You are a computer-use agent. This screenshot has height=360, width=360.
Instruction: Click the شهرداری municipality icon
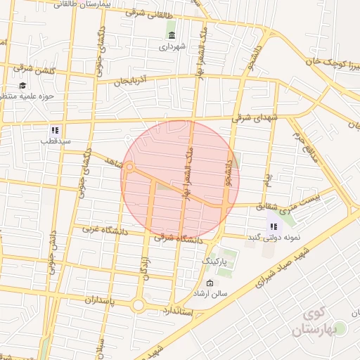(172, 35)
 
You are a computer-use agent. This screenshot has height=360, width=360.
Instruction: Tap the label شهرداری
(172, 47)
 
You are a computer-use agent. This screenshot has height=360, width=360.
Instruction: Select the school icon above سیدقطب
(55, 130)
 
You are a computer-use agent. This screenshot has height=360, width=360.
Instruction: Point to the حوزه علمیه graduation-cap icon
(22, 84)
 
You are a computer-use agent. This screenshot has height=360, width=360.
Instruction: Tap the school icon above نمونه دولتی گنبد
(274, 226)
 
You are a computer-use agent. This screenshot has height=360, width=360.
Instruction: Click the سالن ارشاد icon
(210, 283)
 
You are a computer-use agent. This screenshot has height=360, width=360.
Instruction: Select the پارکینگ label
(217, 261)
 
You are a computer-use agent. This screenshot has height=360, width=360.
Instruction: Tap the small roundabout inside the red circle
(130, 167)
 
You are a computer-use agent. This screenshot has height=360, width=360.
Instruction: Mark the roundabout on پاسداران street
(138, 305)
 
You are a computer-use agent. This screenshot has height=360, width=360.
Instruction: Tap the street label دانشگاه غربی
(103, 229)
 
